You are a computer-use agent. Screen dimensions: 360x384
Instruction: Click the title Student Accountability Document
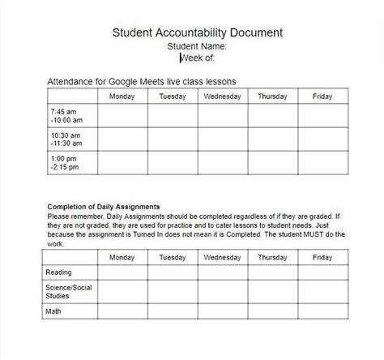click(x=197, y=33)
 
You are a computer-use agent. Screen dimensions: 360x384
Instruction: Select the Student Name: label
click(x=197, y=46)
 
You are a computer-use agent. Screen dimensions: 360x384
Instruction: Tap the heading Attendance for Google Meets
click(x=142, y=82)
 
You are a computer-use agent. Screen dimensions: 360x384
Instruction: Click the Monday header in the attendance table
click(x=122, y=97)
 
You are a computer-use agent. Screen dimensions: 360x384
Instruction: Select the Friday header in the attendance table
click(x=322, y=97)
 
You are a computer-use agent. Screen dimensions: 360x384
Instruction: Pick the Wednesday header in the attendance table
click(x=222, y=97)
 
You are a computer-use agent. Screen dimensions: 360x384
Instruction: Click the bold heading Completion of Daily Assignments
click(x=103, y=207)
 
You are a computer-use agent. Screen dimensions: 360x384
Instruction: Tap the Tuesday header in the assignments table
click(x=172, y=258)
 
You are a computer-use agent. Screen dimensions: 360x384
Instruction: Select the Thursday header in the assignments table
click(x=272, y=258)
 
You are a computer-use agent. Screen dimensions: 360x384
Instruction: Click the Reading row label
click(x=58, y=272)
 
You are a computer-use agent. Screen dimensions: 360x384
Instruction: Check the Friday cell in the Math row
click(x=322, y=310)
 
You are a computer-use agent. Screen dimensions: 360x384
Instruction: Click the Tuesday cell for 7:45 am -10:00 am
click(x=172, y=116)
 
